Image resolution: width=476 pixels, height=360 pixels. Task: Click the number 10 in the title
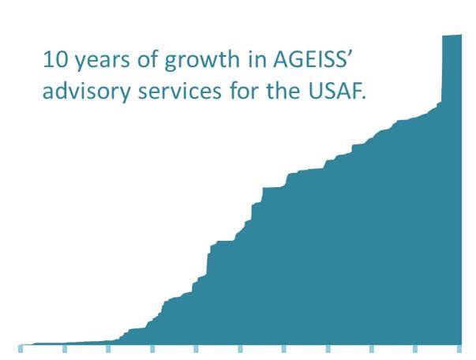(x=54, y=59)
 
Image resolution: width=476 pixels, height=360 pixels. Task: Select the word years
(x=102, y=62)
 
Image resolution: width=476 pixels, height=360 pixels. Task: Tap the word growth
(x=202, y=62)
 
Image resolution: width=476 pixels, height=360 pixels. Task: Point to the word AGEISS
(x=309, y=59)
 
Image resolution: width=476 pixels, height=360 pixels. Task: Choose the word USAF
(x=334, y=91)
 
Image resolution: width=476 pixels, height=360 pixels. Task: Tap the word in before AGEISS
(x=257, y=59)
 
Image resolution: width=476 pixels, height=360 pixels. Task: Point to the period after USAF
(x=364, y=97)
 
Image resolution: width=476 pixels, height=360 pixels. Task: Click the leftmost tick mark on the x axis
(x=21, y=348)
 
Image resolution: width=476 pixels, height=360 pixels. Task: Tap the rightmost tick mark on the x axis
(x=459, y=348)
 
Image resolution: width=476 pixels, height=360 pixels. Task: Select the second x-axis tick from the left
(x=65, y=348)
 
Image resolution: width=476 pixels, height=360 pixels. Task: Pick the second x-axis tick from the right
(x=415, y=348)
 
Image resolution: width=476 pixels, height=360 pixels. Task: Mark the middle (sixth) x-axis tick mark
(x=240, y=348)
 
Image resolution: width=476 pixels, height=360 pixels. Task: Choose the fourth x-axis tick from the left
(x=152, y=348)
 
